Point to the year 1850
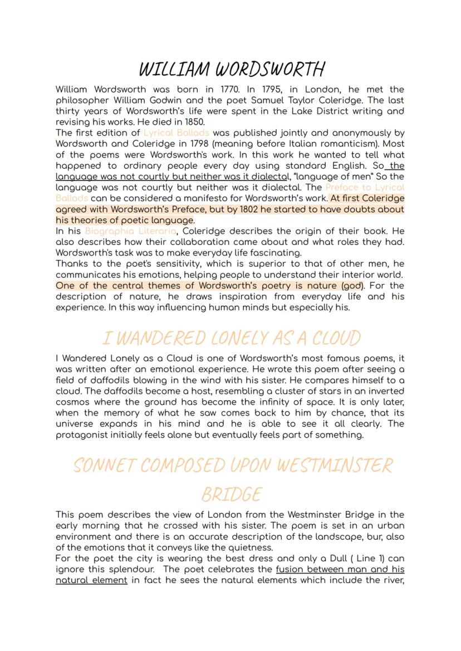194,122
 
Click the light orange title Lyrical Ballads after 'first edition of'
176,133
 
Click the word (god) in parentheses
352,286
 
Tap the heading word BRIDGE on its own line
231,495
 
